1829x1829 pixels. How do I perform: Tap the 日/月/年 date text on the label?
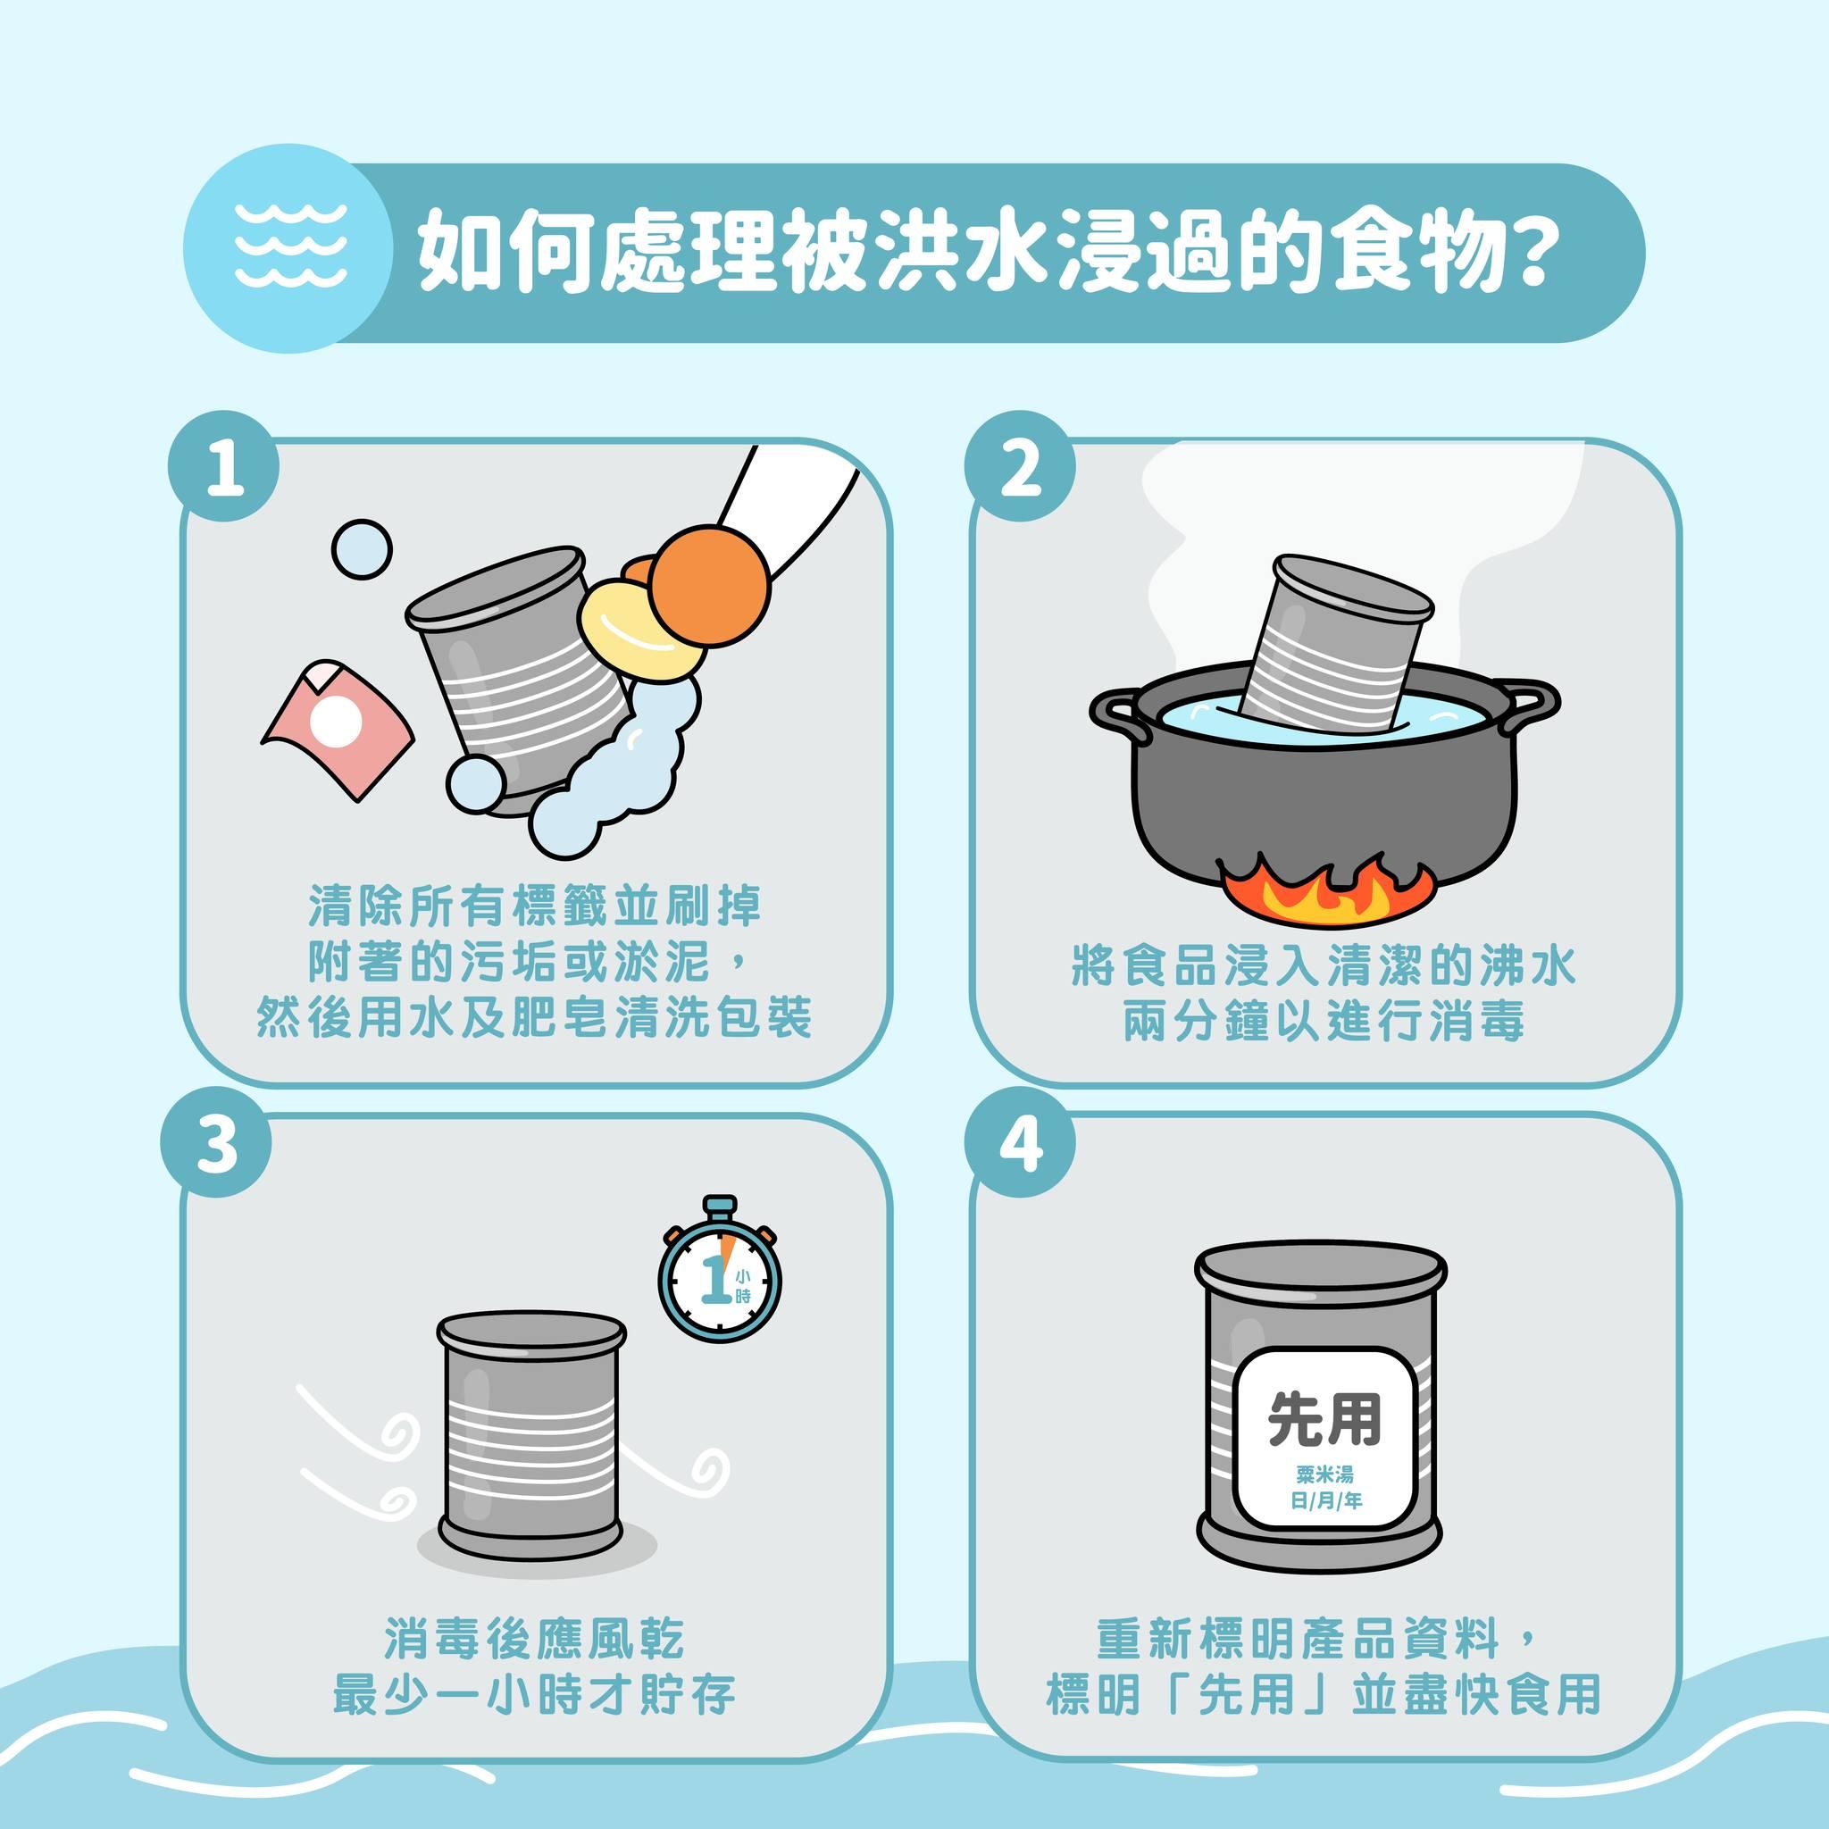(x=1324, y=1501)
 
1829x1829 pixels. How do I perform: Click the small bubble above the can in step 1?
(x=362, y=548)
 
